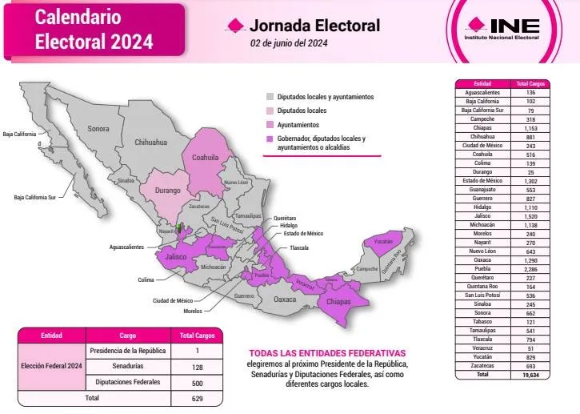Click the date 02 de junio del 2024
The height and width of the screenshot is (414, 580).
tap(289, 43)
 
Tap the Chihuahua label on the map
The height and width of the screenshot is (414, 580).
tap(150, 142)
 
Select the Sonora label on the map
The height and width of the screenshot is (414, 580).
tap(98, 128)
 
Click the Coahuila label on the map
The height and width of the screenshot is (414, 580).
tap(205, 158)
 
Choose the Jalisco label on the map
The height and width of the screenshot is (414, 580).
tap(175, 258)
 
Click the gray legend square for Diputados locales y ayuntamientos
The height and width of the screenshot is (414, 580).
tap(270, 97)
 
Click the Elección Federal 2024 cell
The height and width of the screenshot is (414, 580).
tap(52, 366)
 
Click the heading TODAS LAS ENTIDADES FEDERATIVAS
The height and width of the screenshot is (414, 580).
tap(327, 353)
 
